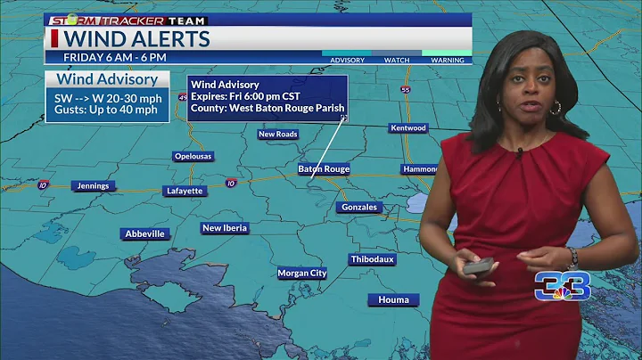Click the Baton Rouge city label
tap(324, 168)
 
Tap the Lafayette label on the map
tap(185, 191)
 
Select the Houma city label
tap(392, 299)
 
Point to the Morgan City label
tap(301, 273)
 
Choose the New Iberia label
tap(225, 228)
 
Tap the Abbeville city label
tap(144, 233)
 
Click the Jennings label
tap(93, 185)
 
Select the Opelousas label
tap(193, 156)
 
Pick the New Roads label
tap(277, 135)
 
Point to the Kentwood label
tap(408, 128)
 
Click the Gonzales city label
tap(359, 207)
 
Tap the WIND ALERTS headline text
tap(137, 39)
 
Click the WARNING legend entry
tap(447, 61)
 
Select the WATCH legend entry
tap(397, 61)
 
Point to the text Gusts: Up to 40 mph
tap(102, 110)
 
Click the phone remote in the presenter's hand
tap(479, 266)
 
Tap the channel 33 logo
tap(561, 285)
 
